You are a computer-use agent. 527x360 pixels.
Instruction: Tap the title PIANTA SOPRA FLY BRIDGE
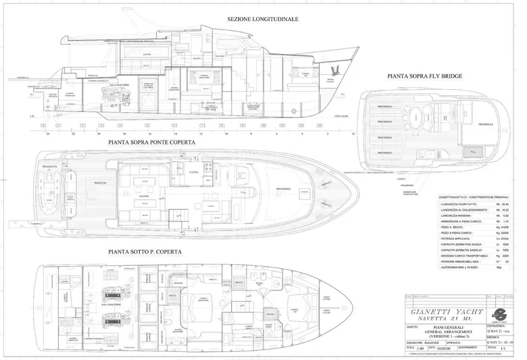[x=425, y=77]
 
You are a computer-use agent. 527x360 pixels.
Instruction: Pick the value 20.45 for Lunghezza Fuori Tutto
[x=506, y=203]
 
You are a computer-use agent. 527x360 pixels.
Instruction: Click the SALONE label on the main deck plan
[x=145, y=197]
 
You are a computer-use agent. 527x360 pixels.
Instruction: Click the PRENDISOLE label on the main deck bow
[x=282, y=188]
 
